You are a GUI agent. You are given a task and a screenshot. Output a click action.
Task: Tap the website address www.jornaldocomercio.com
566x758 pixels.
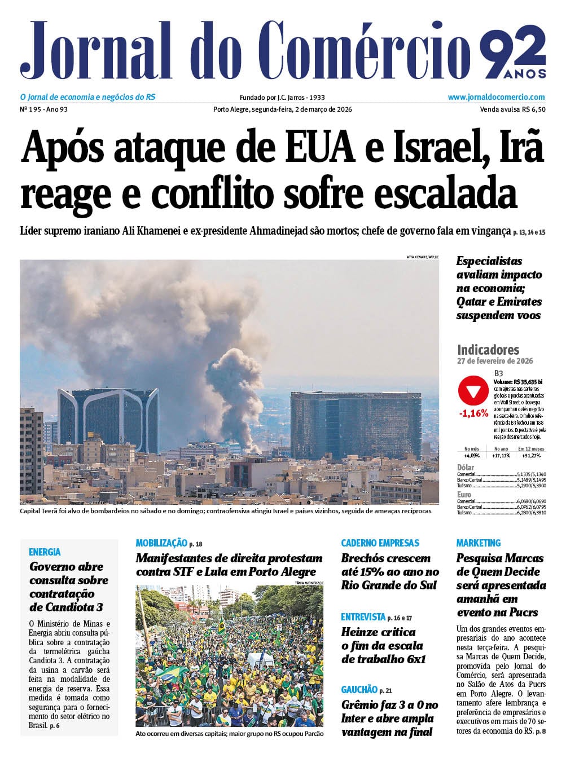[496, 97]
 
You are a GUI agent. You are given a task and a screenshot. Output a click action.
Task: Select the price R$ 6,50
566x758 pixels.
[534, 109]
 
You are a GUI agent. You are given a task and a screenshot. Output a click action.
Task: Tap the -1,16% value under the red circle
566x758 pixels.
[473, 413]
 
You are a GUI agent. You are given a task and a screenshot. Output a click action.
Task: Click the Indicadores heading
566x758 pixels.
[488, 349]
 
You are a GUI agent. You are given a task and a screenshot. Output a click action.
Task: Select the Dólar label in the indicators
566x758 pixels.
[466, 467]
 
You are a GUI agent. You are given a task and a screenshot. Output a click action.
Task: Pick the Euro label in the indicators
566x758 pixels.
[464, 495]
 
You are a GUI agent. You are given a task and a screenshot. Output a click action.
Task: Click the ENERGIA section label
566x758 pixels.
[45, 552]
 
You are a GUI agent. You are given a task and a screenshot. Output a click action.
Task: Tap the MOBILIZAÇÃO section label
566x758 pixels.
[161, 543]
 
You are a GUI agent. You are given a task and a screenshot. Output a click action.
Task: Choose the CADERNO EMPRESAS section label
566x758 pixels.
[380, 543]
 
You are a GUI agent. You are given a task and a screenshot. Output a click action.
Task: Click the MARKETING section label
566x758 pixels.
[478, 543]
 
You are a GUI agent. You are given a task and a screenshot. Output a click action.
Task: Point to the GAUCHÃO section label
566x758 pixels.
[359, 689]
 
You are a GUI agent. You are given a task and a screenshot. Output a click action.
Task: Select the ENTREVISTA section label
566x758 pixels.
[363, 617]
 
